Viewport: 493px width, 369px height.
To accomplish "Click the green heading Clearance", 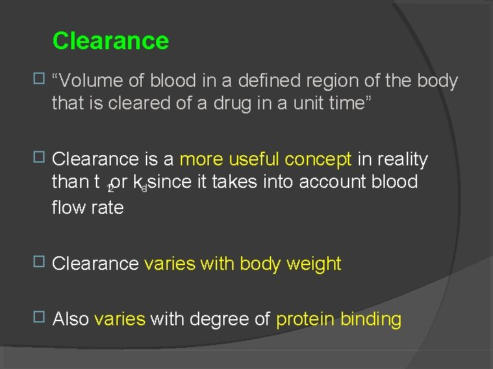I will (110, 41).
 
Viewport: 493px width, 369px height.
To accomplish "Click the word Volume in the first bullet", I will (93, 81).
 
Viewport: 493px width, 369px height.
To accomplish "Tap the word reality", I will (402, 160).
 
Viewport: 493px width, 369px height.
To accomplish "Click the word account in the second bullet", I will (330, 182).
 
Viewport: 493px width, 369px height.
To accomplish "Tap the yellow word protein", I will (305, 320).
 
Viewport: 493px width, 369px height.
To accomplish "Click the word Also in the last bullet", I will (71, 319).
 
